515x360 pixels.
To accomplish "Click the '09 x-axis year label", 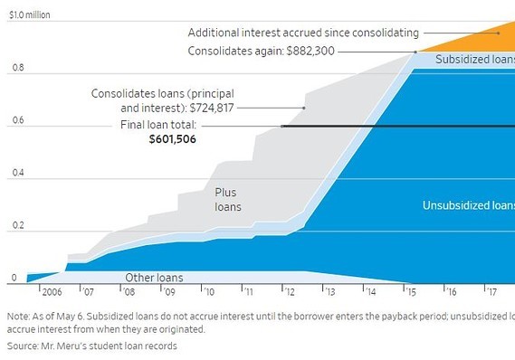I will [x=169, y=293].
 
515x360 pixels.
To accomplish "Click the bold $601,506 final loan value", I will [x=173, y=140].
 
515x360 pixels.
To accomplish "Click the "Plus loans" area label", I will [x=227, y=199].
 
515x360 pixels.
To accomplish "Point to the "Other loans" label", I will [x=153, y=278].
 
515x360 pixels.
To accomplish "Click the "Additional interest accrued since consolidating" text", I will [x=303, y=33].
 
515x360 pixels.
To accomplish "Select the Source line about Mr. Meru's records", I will [x=91, y=346].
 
